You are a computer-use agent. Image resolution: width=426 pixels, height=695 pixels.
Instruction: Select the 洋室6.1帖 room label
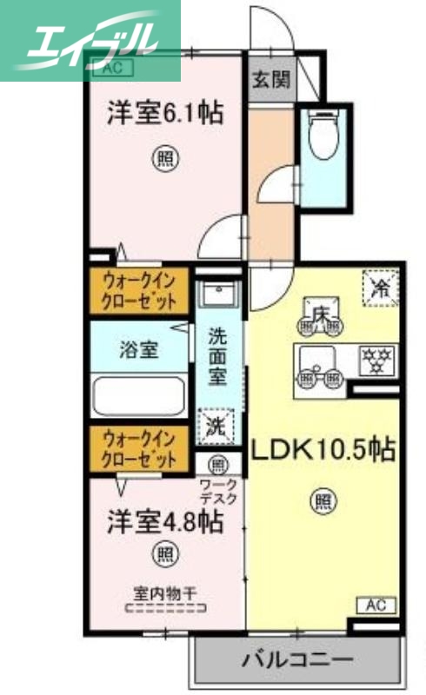[x=163, y=113]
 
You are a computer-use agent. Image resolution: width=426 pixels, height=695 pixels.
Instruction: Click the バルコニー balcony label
[x=297, y=660]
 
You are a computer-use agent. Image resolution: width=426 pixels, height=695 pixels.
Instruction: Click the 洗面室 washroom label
[x=217, y=356]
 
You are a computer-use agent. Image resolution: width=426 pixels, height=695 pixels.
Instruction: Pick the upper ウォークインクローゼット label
[x=138, y=291]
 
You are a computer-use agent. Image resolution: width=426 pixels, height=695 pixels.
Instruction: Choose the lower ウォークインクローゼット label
[x=138, y=448]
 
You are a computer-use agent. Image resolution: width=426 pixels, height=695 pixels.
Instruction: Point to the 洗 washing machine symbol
[x=216, y=426]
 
